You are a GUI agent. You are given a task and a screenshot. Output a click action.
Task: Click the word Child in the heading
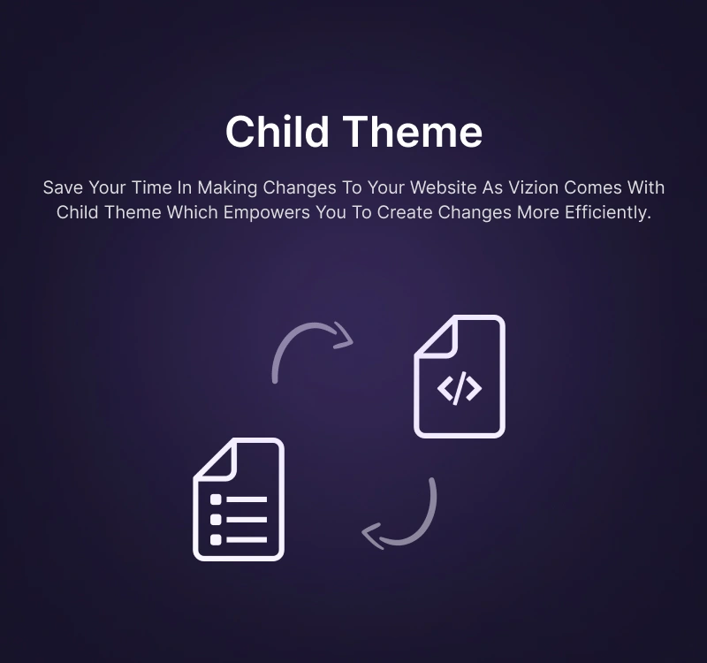click(277, 131)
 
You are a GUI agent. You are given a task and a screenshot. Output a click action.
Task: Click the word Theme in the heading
click(413, 131)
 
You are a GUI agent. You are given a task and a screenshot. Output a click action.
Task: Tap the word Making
click(227, 187)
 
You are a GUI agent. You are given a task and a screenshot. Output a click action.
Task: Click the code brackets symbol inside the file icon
click(460, 388)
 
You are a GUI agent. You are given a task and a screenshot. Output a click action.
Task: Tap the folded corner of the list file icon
click(213, 460)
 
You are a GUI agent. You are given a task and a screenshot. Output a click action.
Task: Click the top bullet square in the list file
click(216, 499)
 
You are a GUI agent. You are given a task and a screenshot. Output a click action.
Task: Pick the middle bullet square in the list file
click(216, 520)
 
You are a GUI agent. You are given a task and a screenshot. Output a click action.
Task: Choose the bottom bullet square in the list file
click(216, 539)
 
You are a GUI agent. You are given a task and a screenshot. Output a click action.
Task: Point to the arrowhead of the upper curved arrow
click(345, 336)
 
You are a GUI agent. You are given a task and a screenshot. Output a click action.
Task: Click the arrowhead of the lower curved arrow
click(372, 536)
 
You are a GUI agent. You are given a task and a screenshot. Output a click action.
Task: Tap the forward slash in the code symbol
click(460, 388)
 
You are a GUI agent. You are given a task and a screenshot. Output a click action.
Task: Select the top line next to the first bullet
click(247, 499)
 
